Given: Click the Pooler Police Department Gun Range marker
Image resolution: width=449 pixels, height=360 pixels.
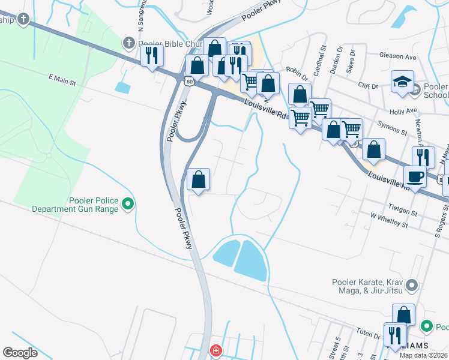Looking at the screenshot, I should (x=127, y=205).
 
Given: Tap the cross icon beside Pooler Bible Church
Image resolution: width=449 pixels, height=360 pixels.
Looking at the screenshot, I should (x=128, y=43).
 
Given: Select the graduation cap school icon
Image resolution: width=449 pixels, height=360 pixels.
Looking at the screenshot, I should (x=402, y=82).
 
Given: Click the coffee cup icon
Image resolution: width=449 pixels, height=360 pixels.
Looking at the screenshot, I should (x=414, y=176).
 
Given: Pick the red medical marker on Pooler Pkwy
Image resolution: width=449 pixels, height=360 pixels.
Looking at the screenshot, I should (x=215, y=350).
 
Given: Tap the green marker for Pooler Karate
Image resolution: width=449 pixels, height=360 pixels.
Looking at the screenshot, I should (x=412, y=284).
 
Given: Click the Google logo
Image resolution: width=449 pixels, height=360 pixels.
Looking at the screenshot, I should (x=20, y=353).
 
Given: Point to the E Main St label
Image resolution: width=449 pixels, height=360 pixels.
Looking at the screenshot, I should (x=62, y=79).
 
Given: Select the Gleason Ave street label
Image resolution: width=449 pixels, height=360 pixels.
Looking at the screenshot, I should (x=397, y=57).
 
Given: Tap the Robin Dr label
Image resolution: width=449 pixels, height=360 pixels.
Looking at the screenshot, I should (x=297, y=73).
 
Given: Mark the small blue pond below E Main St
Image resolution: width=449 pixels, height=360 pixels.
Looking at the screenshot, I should (x=122, y=88).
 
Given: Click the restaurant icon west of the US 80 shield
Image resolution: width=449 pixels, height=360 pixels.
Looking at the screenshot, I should (x=152, y=56).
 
